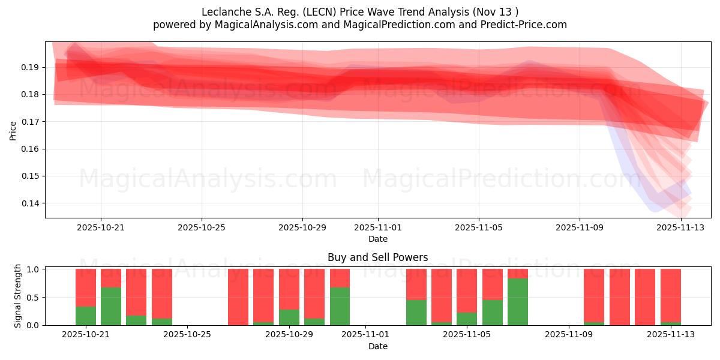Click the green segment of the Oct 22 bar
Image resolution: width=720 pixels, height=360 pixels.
[x=111, y=306]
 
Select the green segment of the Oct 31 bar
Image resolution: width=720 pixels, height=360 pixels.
[x=340, y=306]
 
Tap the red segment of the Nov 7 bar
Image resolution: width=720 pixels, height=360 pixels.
[x=518, y=274]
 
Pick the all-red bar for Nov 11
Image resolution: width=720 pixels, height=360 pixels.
[x=619, y=297]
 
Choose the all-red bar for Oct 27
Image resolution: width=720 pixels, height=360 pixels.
[x=238, y=297]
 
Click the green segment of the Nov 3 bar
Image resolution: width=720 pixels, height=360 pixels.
[x=416, y=312]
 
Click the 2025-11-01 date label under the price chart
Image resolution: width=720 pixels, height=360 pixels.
[x=378, y=227]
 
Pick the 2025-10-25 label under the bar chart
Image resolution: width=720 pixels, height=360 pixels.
[x=188, y=335]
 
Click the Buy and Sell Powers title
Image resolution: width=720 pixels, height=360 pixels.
[x=378, y=257]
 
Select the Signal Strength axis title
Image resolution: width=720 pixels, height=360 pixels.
[x=18, y=296]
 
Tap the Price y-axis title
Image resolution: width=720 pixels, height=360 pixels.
[x=13, y=130]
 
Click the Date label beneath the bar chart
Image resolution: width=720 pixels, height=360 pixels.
[x=378, y=346]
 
